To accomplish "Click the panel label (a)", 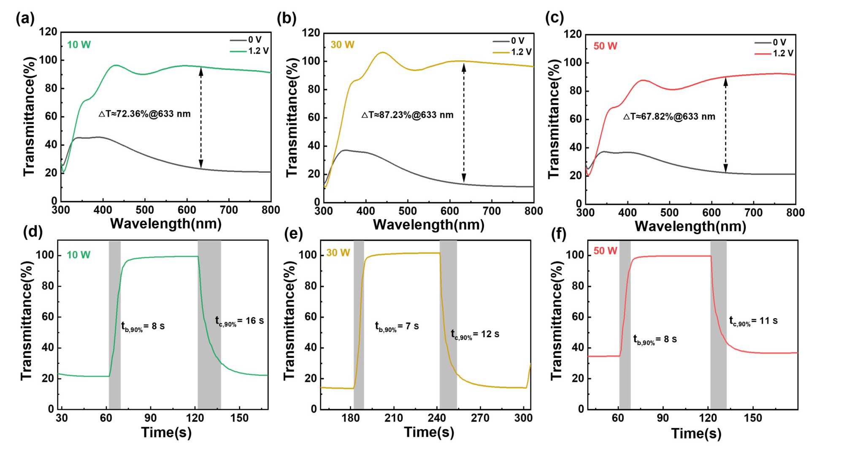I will [x=25, y=19].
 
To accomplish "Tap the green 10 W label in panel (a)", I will [x=79, y=45].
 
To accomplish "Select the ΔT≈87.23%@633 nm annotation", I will [x=407, y=115].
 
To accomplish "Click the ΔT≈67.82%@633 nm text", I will [x=669, y=117].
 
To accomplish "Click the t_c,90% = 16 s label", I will [x=239, y=321].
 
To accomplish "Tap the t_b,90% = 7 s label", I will [x=397, y=327].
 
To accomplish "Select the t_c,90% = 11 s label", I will [x=753, y=321].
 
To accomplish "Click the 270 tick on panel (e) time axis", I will [x=480, y=418].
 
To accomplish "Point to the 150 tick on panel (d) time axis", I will [x=239, y=418].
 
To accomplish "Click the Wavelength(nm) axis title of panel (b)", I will [x=429, y=225].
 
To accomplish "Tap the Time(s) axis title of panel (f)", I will [x=696, y=433].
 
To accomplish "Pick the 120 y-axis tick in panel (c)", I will [x=573, y=34].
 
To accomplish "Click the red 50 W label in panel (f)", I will [x=605, y=251].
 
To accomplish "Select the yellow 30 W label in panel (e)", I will [x=338, y=253].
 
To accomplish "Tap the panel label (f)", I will [x=559, y=234].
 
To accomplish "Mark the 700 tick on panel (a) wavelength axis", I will [x=229, y=210].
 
